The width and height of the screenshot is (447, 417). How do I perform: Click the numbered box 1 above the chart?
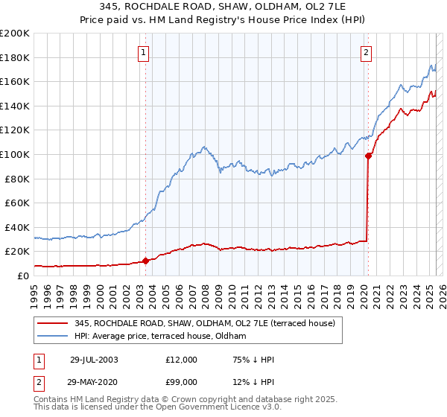pyautogui.click(x=143, y=52)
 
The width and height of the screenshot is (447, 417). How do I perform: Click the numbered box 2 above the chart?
pyautogui.click(x=367, y=52)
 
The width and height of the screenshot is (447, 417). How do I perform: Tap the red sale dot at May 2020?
pyautogui.click(x=368, y=156)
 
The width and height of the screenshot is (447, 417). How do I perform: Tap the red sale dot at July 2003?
pyautogui.click(x=146, y=261)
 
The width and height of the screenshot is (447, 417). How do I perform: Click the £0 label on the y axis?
pyautogui.click(x=22, y=276)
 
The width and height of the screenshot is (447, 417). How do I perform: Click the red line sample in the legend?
pyautogui.click(x=54, y=323)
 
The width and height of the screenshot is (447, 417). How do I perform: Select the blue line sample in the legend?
pyautogui.click(x=54, y=337)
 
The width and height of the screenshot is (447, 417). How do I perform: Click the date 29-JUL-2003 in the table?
pyautogui.click(x=94, y=360)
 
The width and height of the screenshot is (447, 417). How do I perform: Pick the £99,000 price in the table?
pyautogui.click(x=181, y=381)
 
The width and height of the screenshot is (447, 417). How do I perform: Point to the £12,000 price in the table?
pyautogui.click(x=181, y=360)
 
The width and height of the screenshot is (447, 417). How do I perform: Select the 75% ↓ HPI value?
pyautogui.click(x=253, y=360)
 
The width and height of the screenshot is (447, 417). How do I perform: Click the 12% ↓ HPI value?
pyautogui.click(x=253, y=381)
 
